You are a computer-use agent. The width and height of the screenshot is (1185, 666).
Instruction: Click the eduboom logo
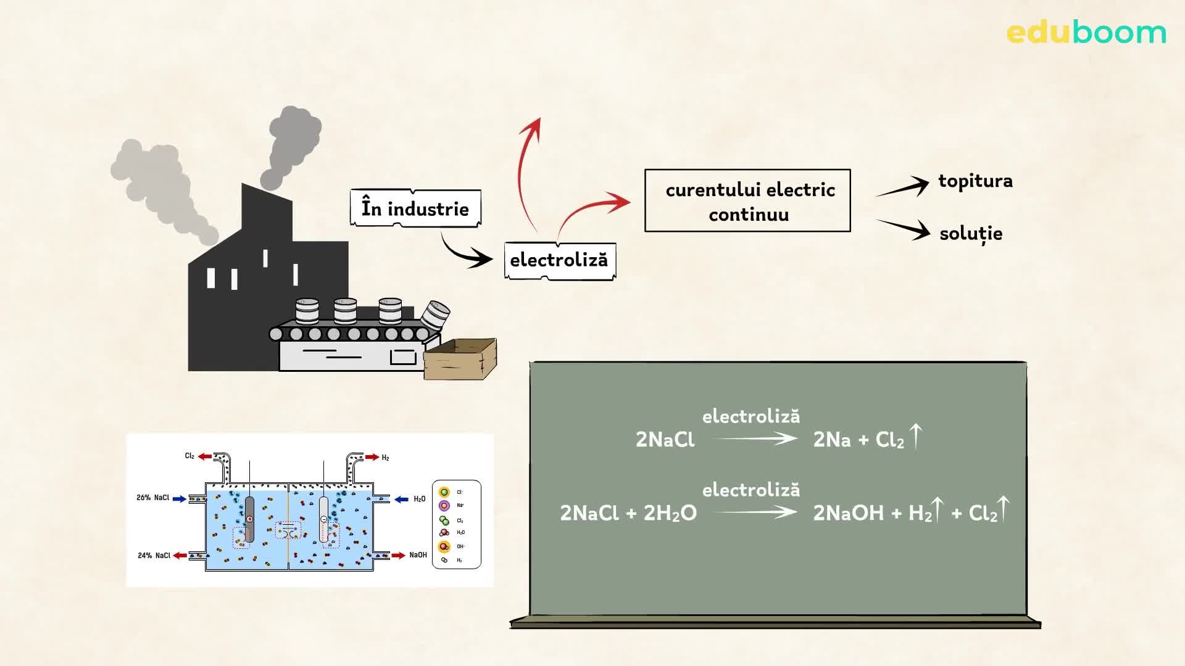1086,32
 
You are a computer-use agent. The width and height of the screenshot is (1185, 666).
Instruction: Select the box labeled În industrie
415,208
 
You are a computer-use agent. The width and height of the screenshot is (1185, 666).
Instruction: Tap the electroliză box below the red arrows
559,260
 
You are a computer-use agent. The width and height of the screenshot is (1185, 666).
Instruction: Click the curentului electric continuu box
747,201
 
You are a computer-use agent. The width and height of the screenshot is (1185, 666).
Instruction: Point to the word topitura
975,181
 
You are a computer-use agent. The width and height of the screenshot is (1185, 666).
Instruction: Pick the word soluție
970,234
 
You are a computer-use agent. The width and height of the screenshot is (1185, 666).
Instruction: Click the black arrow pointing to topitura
904,187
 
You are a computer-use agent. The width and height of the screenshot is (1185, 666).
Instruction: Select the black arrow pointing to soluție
905,229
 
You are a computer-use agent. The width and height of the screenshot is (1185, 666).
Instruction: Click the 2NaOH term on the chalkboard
848,513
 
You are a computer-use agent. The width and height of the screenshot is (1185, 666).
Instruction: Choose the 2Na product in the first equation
831,440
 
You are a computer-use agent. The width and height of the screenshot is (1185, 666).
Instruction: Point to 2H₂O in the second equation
670,513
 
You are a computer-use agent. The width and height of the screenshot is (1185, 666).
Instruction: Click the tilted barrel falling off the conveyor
435,315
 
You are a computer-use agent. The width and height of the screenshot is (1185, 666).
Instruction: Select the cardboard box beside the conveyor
460,360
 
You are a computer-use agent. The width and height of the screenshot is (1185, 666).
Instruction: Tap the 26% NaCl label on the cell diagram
152,498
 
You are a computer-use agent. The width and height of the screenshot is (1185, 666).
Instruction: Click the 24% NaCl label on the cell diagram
154,556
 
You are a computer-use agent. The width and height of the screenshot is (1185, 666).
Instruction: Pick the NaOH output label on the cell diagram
418,555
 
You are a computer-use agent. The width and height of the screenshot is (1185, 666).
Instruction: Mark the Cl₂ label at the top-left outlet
189,456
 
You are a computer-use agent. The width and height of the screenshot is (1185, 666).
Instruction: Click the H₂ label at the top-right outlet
385,458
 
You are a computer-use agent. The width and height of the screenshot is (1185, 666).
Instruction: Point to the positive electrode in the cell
249,519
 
